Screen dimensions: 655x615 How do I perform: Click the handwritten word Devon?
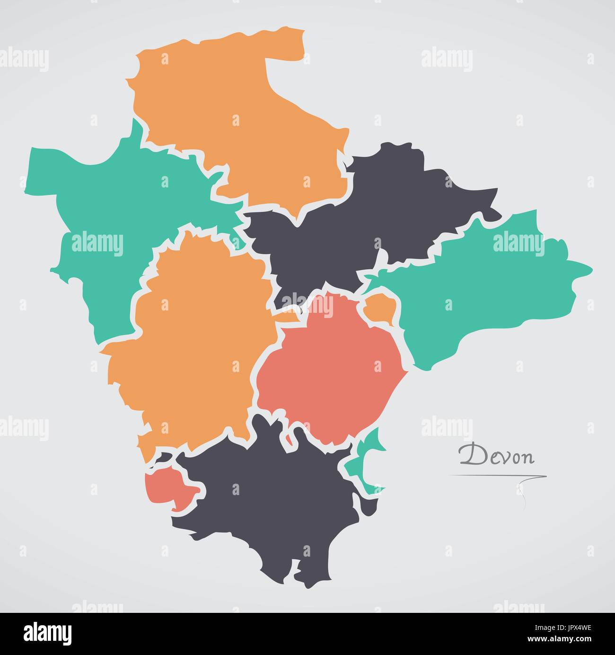click(x=497, y=455)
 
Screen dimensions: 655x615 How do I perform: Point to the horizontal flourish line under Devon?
click(x=497, y=475)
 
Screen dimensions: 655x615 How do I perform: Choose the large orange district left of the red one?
click(x=194, y=345)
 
